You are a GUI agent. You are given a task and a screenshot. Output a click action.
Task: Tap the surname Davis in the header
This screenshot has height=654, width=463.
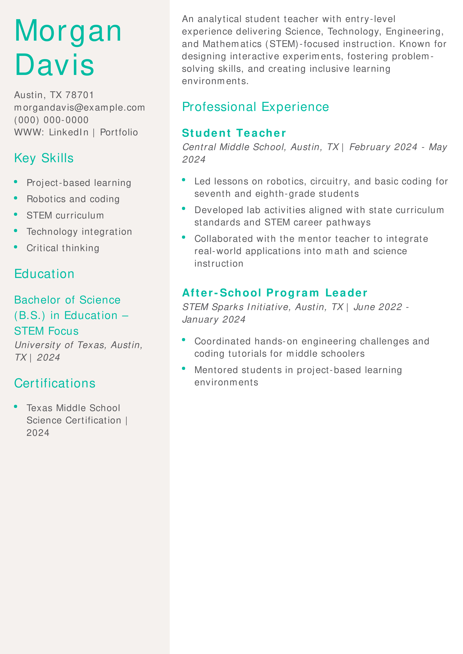click(x=55, y=65)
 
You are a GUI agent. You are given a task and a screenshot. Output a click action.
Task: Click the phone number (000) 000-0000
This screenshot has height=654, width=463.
click(x=51, y=120)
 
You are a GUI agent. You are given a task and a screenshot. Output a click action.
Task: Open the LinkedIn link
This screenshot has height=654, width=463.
click(x=69, y=132)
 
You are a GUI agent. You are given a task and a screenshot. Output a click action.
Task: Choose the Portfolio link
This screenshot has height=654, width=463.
click(x=119, y=132)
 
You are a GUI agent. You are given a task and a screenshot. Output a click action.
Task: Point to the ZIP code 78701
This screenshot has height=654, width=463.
click(x=80, y=95)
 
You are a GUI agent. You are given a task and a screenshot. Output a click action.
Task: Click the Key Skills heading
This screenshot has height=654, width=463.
click(x=44, y=158)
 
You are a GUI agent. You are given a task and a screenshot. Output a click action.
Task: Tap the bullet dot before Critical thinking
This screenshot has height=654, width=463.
click(x=16, y=247)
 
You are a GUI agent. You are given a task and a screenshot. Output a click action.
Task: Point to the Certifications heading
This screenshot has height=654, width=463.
click(x=55, y=383)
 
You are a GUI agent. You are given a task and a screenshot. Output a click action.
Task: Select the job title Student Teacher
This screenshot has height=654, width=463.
click(x=234, y=133)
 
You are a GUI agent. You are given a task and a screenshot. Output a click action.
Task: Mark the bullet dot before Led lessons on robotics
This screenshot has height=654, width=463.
click(x=184, y=180)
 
